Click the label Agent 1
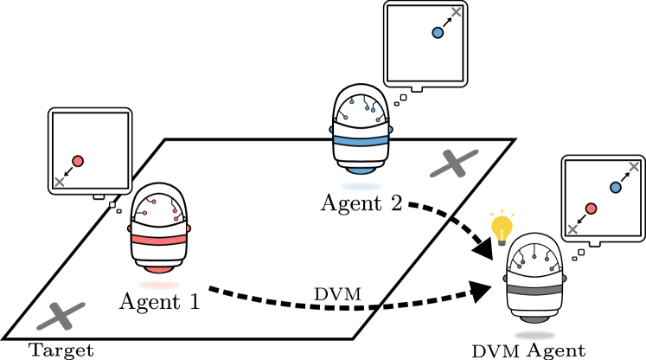(x=159, y=302)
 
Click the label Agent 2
(x=361, y=203)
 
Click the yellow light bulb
(x=502, y=228)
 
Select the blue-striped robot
(x=361, y=134)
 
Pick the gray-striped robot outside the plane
(x=534, y=281)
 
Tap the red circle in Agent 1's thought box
(x=78, y=161)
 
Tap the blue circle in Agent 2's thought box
(x=438, y=33)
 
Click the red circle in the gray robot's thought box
(x=591, y=209)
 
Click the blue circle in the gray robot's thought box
(x=616, y=187)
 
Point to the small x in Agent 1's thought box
(x=59, y=182)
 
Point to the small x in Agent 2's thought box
(x=458, y=11)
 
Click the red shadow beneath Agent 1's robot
(x=158, y=284)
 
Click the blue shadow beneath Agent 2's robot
(x=361, y=185)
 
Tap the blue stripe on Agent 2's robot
(x=361, y=140)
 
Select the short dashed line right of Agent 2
(x=429, y=209)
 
